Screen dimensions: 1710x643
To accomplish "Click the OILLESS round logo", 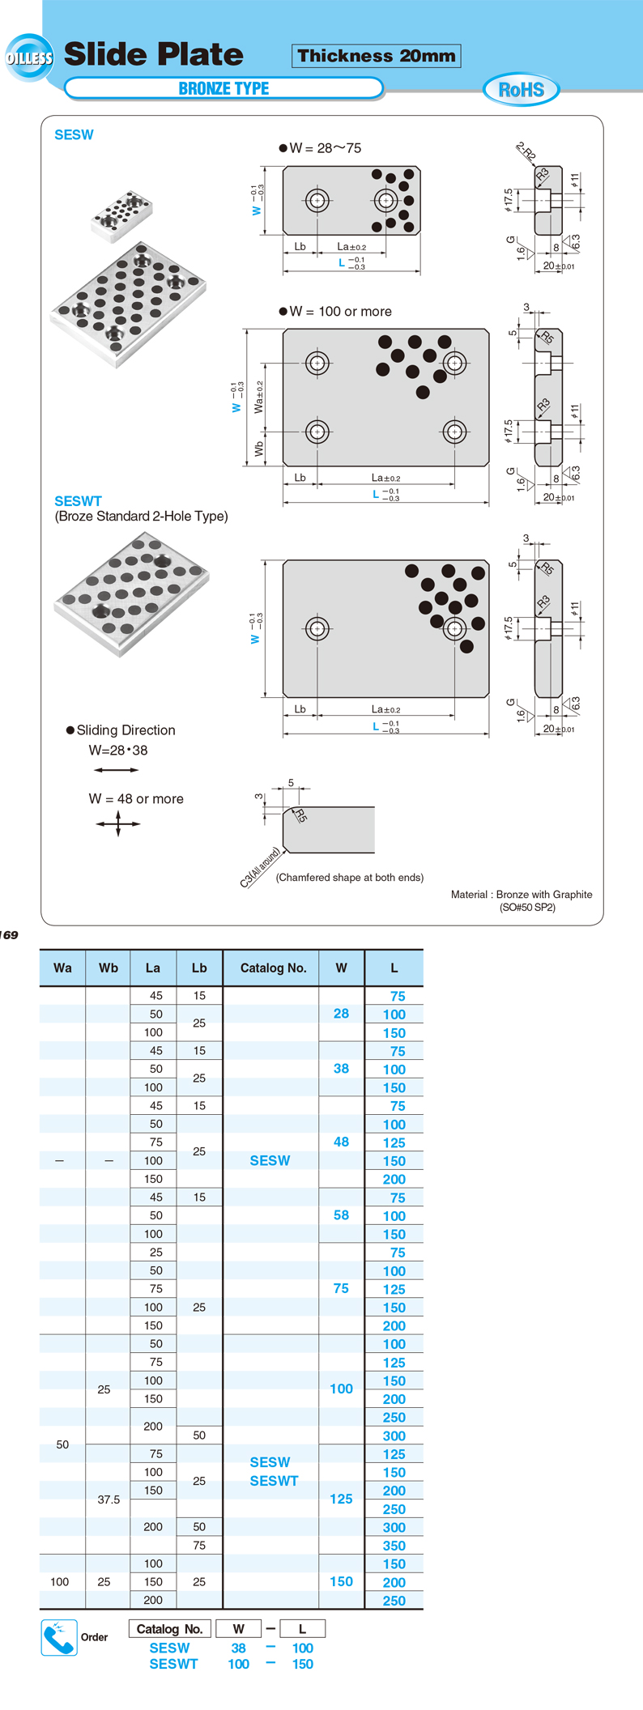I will tap(29, 57).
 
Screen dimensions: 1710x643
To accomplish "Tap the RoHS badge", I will tap(521, 89).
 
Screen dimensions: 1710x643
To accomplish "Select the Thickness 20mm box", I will tap(376, 56).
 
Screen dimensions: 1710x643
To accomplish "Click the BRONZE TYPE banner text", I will tap(224, 88).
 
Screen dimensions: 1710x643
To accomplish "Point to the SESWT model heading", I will tap(78, 501).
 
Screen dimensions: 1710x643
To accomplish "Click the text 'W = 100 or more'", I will tap(340, 312).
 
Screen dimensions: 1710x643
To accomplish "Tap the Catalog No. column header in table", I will tap(273, 968).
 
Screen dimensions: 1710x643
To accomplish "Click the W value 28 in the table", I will tap(341, 1014).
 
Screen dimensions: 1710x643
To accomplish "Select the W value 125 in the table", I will tap(341, 1499).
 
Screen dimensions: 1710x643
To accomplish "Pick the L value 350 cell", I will tap(394, 1546).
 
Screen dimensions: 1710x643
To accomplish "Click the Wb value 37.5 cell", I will tap(109, 1499).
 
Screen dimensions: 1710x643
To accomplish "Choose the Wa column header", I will tap(62, 968).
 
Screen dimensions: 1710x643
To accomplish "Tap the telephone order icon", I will tap(59, 1637).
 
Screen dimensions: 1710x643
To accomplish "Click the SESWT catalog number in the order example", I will tap(173, 1664).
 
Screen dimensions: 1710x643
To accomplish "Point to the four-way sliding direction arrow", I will tap(118, 824).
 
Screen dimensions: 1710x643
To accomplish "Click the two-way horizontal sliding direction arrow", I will tap(116, 770).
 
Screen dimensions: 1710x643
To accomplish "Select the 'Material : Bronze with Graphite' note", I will tap(522, 895).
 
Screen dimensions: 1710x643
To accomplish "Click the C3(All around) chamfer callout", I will tap(260, 867).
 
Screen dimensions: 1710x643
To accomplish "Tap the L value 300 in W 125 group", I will tap(394, 1527).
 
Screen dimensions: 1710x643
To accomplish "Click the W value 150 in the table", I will tap(341, 1581).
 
